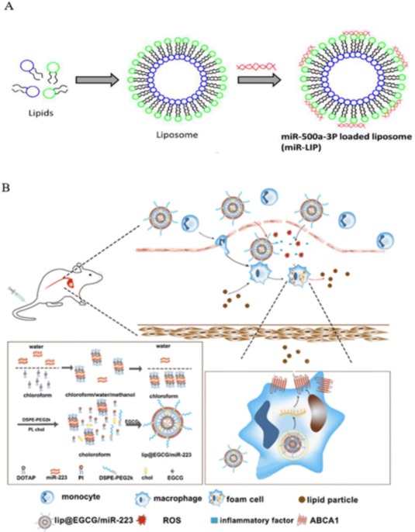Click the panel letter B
(8, 188)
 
